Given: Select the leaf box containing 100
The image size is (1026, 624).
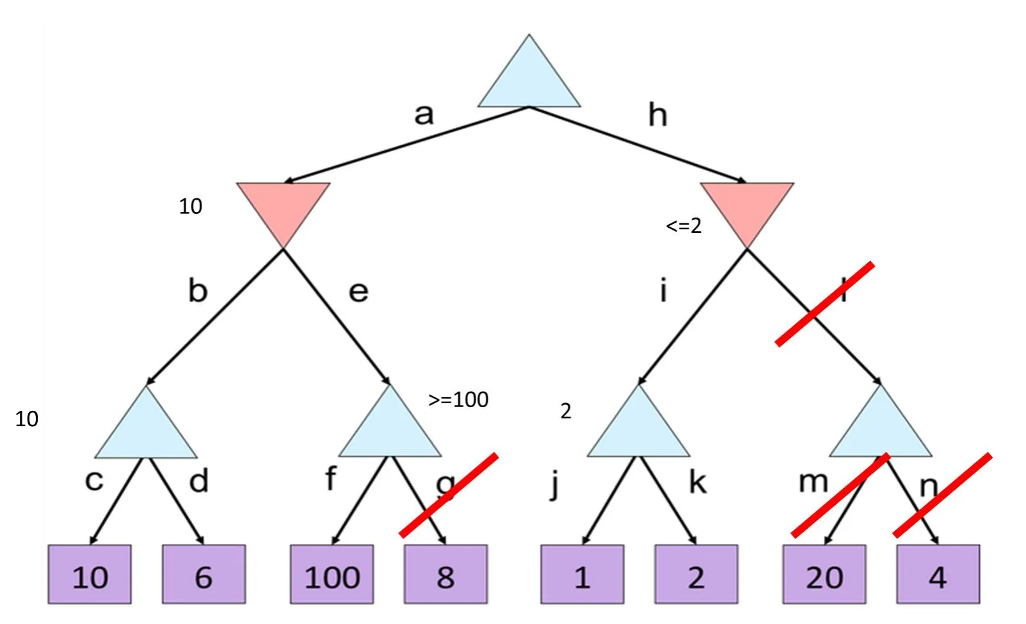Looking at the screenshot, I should click(332, 575).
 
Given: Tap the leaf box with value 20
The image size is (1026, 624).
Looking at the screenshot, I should click(824, 575).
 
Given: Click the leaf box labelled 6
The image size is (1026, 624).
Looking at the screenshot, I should click(204, 575).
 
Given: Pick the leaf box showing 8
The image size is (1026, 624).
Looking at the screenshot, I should click(445, 575).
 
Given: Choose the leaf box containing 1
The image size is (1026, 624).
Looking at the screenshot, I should click(582, 575).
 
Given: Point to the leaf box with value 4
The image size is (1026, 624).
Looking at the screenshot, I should click(938, 575).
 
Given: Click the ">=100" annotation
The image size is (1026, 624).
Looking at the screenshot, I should click(458, 399).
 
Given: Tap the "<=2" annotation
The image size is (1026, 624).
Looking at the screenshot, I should click(684, 225).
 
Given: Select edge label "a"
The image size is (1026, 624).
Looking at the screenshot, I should click(424, 115).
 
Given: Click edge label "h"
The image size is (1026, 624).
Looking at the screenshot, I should click(657, 115).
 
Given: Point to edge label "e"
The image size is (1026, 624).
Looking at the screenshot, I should click(358, 292).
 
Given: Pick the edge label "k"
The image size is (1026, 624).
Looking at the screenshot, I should click(698, 482).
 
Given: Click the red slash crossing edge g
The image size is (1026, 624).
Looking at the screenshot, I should click(449, 494).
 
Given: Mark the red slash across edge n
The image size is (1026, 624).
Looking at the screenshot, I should click(942, 495).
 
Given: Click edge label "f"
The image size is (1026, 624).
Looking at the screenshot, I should click(330, 479).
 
